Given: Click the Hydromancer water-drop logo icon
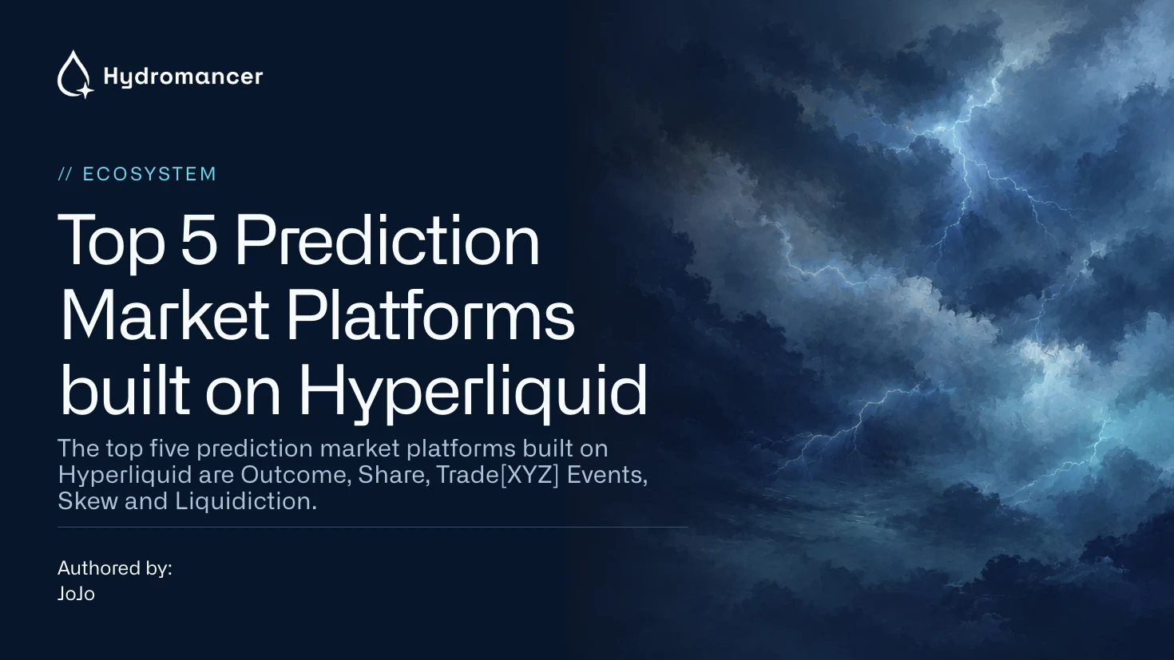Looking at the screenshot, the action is [75, 74].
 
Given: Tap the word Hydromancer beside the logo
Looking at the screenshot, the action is [183, 77].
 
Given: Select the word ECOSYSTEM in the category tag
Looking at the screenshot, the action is [149, 174].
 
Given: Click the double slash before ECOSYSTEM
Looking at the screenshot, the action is [65, 174].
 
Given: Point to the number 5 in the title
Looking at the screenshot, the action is [199, 240].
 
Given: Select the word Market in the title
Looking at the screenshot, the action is [165, 315].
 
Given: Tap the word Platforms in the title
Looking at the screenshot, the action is [430, 315].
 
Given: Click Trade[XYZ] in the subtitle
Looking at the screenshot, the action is [498, 475].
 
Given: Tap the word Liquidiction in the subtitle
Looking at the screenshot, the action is [246, 500].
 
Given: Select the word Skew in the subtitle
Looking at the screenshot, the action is [88, 500].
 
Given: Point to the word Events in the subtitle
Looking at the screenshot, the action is [608, 475].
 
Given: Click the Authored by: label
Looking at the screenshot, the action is [115, 568].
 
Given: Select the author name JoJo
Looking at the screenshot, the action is [76, 594].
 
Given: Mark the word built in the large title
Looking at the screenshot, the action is [125, 391].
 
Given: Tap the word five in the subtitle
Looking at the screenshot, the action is [170, 449].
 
